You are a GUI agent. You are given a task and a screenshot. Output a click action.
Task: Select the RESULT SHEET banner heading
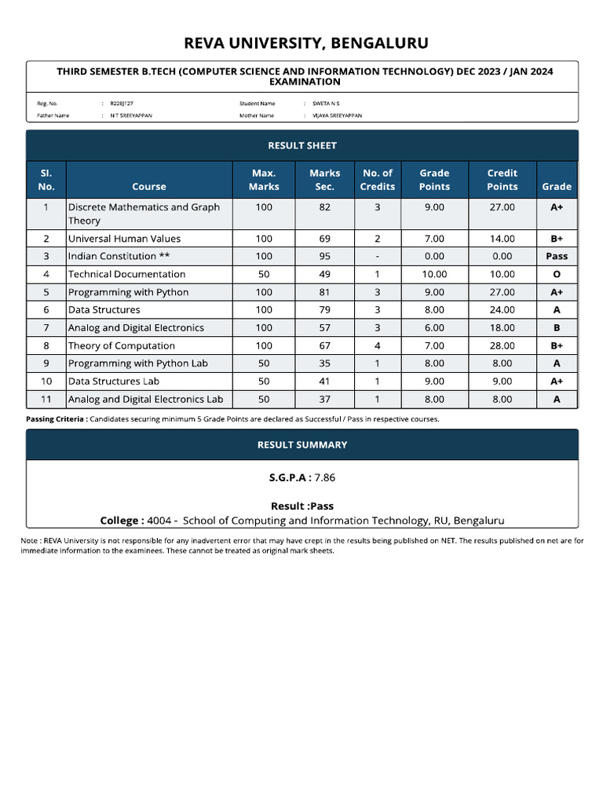[302, 145]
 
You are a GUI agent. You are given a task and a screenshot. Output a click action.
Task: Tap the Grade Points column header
[434, 180]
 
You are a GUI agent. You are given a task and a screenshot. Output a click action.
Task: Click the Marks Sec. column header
[324, 180]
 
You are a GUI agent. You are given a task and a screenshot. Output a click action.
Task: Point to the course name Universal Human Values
[124, 239]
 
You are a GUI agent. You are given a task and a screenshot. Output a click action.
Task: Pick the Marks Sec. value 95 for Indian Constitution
[324, 256]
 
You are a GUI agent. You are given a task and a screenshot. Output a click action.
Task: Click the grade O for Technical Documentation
[557, 274]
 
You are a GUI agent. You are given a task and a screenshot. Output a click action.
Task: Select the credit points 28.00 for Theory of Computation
[502, 345]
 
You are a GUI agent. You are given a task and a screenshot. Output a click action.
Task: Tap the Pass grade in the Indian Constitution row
[557, 256]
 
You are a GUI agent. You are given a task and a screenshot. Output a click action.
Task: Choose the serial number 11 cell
[46, 399]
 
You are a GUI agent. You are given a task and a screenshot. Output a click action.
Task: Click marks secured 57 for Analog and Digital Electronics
[324, 327]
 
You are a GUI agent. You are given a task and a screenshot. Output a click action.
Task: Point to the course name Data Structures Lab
[114, 381]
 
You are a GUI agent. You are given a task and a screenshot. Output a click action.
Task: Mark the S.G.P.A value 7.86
[325, 477]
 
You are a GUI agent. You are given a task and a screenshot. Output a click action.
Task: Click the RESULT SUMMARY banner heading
[302, 444]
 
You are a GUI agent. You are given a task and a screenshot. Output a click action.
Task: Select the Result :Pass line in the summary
[302, 506]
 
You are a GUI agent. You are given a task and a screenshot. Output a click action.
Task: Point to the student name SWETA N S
[326, 103]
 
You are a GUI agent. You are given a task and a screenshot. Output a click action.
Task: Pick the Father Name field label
[53, 115]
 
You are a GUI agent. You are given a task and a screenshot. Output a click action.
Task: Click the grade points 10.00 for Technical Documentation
[434, 274]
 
